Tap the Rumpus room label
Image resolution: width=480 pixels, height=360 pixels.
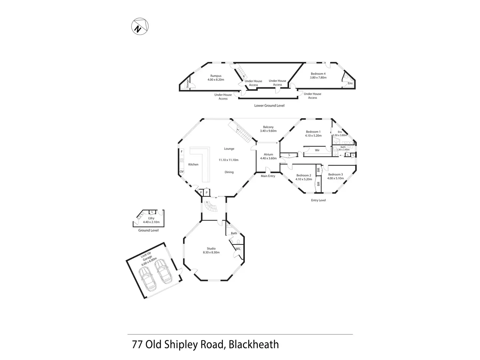tap(216, 76)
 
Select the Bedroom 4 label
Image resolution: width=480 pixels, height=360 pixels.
tap(318, 74)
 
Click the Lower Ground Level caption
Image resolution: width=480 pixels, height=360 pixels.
tap(269, 106)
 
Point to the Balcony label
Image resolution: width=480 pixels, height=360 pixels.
tap(268, 127)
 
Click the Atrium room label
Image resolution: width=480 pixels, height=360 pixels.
tap(268, 155)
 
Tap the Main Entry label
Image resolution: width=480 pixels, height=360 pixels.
tap(268, 176)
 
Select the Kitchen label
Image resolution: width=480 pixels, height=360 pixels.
tap(193, 165)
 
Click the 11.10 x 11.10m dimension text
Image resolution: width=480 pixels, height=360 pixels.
tap(229, 160)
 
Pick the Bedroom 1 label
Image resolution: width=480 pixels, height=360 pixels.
tap(313, 132)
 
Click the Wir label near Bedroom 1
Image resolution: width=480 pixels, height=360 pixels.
tap(317, 150)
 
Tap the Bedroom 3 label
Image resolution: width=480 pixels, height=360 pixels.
tap(335, 174)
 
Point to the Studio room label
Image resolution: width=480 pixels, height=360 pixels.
tap(211, 248)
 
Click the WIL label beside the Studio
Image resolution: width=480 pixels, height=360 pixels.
tap(238, 249)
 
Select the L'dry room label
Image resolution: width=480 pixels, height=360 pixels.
tap(151, 218)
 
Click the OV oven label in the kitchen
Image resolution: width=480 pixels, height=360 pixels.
tap(182, 172)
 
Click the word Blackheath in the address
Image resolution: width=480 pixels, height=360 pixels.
tap(253, 345)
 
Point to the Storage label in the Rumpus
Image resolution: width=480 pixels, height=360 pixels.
tap(187, 84)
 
